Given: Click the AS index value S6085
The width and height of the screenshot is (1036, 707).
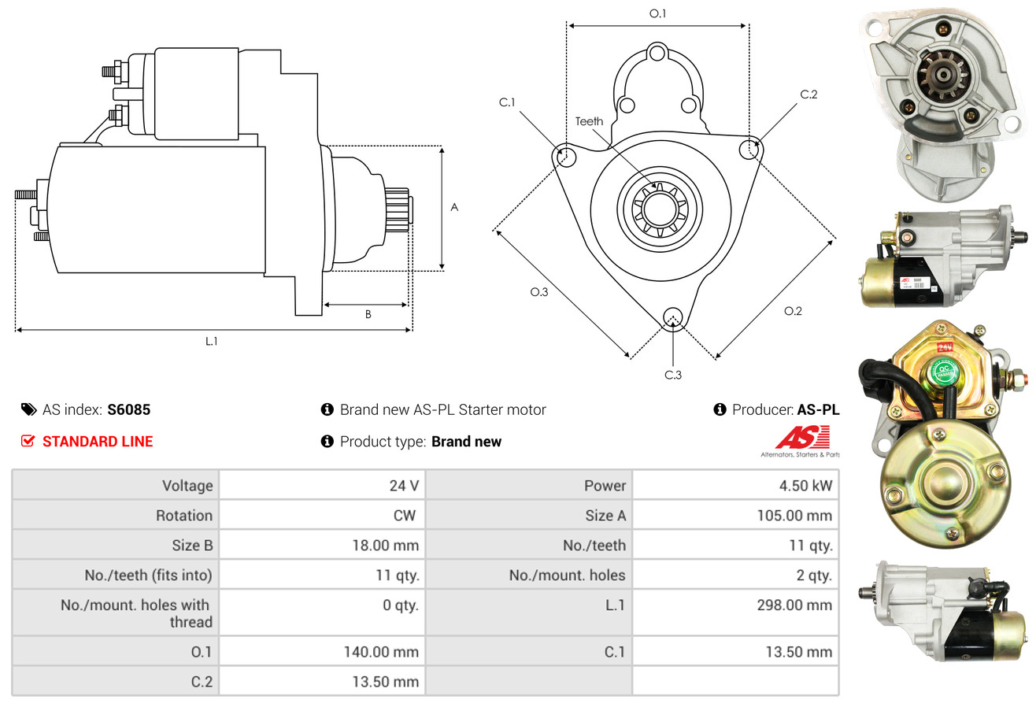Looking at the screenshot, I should click(129, 409).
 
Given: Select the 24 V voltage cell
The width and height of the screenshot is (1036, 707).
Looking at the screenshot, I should click(404, 485).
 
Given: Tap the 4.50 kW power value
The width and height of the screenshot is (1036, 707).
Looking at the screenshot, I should click(805, 485).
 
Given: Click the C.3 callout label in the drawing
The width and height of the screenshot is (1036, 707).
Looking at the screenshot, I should click(672, 375).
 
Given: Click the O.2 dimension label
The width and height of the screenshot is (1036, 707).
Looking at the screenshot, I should click(793, 311).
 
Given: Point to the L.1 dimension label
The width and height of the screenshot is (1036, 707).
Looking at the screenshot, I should click(211, 341).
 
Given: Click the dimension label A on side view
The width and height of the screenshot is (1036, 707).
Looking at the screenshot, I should click(454, 208).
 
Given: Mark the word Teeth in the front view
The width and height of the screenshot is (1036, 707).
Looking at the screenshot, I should click(589, 120).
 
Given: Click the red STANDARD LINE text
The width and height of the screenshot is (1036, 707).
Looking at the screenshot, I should click(97, 442).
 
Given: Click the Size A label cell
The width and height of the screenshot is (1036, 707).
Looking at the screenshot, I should click(605, 516).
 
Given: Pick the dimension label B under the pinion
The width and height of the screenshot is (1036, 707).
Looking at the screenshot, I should click(368, 314).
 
